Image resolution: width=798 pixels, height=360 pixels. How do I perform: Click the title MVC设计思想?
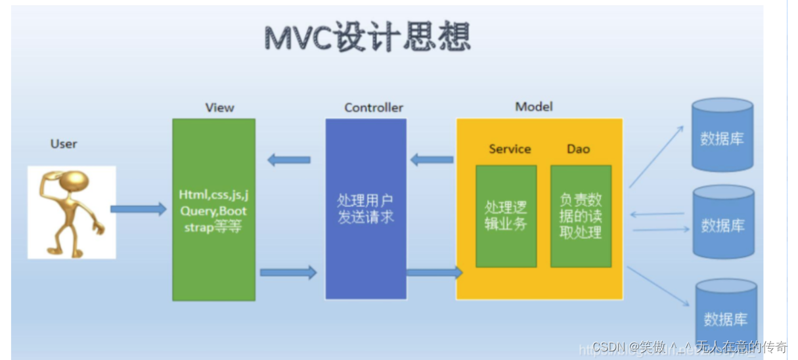pos(367,37)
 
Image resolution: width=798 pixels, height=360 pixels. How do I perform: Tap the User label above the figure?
pos(64,144)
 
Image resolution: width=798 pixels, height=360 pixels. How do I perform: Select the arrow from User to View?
pos(139,210)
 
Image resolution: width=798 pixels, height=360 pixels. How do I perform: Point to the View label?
pos(219,108)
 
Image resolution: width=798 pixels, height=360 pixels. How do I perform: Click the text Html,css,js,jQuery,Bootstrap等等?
pos(213,211)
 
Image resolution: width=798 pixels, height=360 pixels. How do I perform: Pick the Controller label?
pos(374,108)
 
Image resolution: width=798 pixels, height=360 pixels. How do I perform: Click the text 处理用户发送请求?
pos(366,209)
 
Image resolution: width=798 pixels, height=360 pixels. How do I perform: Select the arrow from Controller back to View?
pos(289,160)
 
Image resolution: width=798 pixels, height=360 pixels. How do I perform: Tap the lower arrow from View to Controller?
pos(288,272)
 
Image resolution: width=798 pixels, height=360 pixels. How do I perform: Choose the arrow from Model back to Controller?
pos(432,160)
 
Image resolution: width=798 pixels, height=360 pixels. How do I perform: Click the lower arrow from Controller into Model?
pos(434,272)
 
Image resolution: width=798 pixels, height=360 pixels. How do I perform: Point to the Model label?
pos(534,106)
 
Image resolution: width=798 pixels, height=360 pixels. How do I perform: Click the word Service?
pos(510,149)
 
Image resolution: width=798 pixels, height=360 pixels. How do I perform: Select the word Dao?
pos(579,149)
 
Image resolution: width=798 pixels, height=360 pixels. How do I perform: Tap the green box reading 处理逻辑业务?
pos(506,216)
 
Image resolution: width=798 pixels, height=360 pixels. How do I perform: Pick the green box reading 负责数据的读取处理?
pos(581,216)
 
